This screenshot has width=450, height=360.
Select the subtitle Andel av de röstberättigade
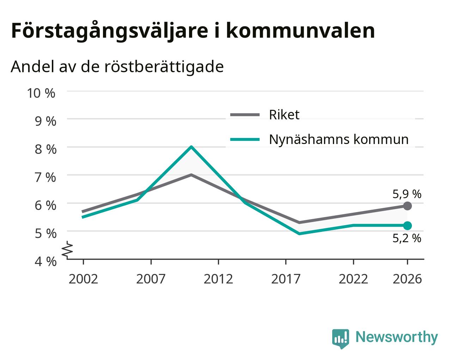tap(117, 67)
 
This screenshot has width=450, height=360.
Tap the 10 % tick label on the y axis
tap(41, 93)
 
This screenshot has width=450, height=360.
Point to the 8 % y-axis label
tap(45, 149)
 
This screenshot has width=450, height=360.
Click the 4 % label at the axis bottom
tap(45, 262)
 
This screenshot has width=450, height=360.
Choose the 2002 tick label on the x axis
tap(83, 279)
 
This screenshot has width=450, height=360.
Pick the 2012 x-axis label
tap(218, 279)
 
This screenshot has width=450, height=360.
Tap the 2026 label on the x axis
tap(407, 279)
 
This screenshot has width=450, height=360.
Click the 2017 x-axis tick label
tap(286, 279)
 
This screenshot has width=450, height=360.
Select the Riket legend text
tap(284, 115)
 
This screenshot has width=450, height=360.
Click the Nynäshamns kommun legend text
tap(339, 139)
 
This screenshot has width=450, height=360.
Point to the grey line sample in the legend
tap(245, 115)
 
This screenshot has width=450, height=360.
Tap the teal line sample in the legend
tap(245, 139)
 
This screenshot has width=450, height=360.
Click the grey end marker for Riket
tap(407, 206)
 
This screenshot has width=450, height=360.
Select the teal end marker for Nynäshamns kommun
tap(407, 226)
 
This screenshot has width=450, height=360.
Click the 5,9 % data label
tap(407, 194)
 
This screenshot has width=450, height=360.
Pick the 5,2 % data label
tap(407, 238)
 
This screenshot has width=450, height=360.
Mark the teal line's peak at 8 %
tap(191, 147)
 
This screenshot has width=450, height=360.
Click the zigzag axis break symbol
tap(67, 249)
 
